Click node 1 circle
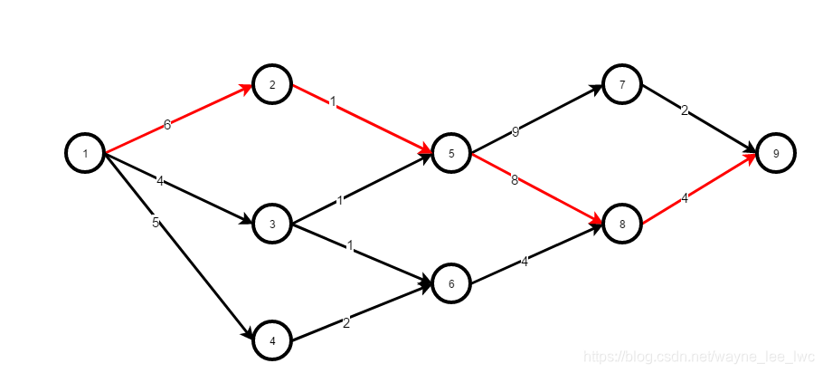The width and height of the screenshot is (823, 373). [x=85, y=153]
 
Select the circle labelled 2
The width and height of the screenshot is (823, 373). [x=272, y=85]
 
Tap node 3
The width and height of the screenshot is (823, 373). [x=272, y=223]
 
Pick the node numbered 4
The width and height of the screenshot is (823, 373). [x=272, y=341]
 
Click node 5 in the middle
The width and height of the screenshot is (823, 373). [x=451, y=153]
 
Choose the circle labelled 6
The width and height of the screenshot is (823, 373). [x=451, y=283]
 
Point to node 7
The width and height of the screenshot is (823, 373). [x=622, y=85]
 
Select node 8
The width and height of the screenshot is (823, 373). [x=622, y=223]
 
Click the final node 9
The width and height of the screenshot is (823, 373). [x=776, y=153]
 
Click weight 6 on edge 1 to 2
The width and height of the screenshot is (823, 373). [x=167, y=125]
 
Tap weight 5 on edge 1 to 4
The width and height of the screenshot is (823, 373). [x=156, y=223]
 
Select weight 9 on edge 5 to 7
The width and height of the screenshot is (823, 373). [x=516, y=132]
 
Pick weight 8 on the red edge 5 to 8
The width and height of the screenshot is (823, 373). [x=515, y=180]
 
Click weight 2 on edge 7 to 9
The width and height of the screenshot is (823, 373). [x=685, y=111]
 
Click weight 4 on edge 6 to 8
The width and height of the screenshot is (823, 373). [x=525, y=263]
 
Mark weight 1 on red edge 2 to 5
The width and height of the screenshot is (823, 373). [x=333, y=102]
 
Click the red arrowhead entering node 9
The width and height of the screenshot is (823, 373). [x=750, y=159]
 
